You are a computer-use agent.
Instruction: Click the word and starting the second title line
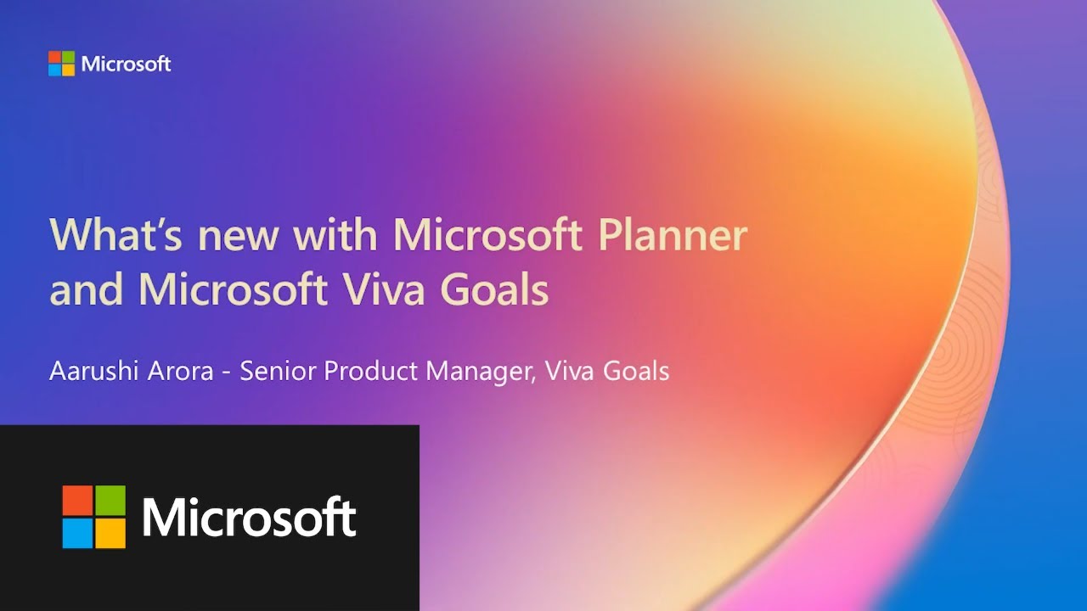(87, 290)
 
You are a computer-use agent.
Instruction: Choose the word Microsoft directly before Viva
(234, 290)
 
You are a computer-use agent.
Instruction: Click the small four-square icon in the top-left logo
(61, 64)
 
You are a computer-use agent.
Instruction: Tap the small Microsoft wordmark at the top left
(126, 64)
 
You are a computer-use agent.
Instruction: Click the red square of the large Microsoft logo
(77, 501)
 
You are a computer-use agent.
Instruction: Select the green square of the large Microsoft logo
(110, 501)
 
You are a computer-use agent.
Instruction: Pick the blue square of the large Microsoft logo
(77, 533)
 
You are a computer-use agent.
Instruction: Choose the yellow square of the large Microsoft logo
(110, 533)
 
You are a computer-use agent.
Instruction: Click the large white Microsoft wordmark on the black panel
(249, 518)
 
